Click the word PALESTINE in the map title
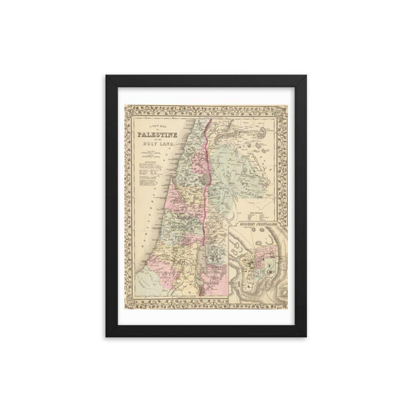click(156, 136)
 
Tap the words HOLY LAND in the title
click(156, 147)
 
